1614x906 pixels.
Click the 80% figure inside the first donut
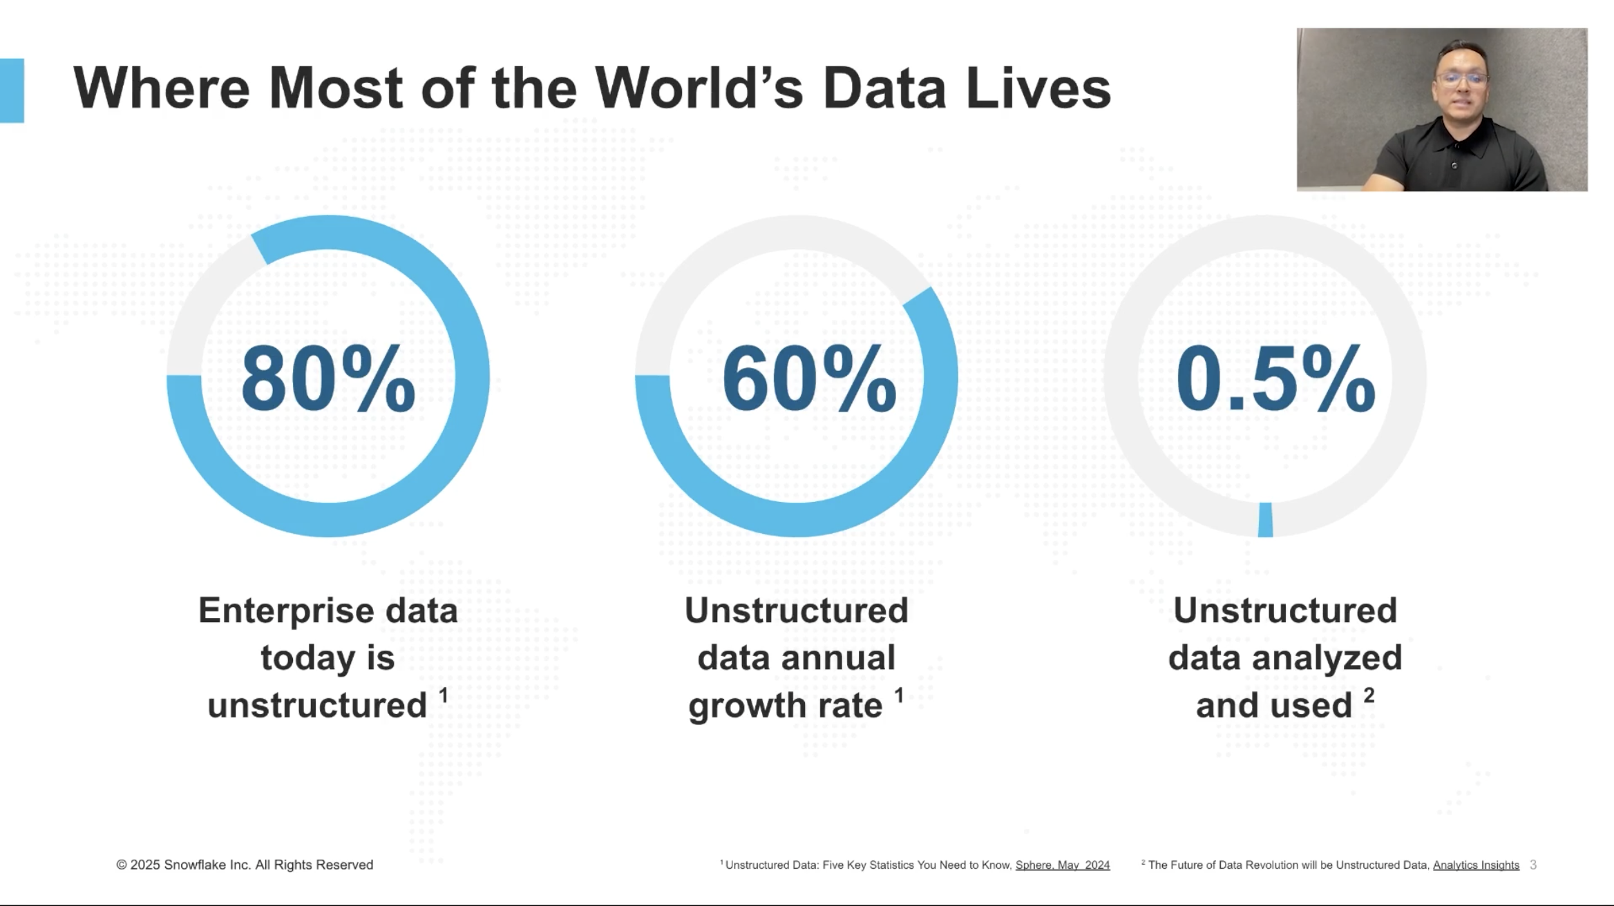328,379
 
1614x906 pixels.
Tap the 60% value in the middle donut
809,379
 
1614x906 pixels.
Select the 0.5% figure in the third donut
1275,379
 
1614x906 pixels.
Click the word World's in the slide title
699,88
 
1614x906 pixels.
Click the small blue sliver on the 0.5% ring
1265,519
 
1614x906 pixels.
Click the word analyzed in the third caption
1327,658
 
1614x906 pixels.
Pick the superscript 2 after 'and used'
1369,695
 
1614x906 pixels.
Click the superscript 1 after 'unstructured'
444,695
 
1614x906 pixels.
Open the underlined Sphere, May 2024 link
1062,865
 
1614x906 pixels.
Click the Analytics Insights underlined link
1476,865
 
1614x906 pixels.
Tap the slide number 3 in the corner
1533,865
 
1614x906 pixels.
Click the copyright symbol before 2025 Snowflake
122,865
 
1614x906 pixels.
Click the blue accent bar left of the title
12,90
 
